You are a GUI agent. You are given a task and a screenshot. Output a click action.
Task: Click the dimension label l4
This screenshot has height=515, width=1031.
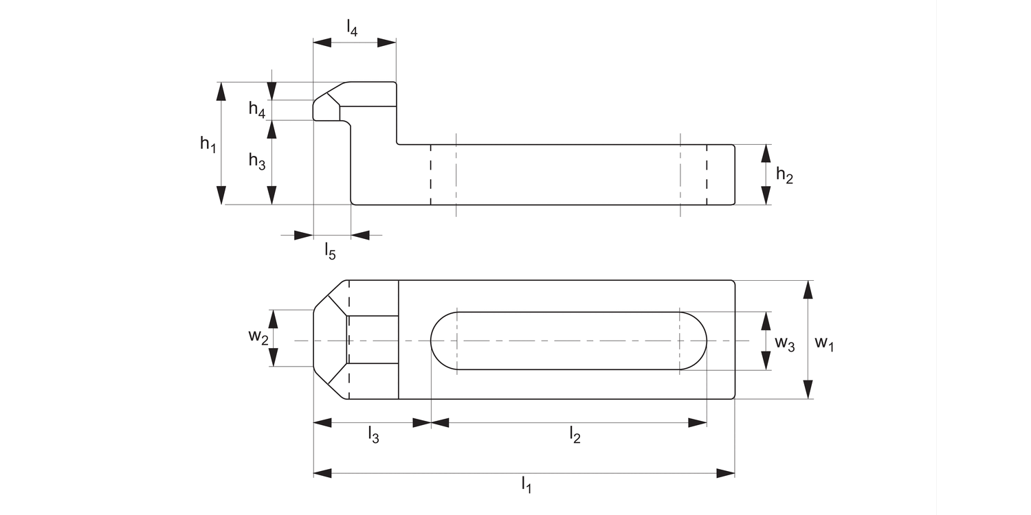click(x=352, y=28)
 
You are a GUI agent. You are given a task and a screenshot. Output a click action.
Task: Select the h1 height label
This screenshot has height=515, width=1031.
click(x=208, y=144)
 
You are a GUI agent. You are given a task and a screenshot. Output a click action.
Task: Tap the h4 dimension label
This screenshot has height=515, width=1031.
click(x=257, y=109)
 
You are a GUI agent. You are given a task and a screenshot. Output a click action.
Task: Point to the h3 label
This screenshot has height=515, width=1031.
click(x=257, y=162)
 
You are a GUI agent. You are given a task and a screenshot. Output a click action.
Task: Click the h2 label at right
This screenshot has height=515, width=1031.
click(x=784, y=175)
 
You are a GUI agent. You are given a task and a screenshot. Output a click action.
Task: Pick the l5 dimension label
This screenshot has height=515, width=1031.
click(x=331, y=252)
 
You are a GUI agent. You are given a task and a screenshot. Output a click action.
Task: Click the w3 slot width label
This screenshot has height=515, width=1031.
click(x=784, y=343)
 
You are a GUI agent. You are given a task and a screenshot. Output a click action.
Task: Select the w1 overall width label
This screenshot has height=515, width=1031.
click(x=824, y=343)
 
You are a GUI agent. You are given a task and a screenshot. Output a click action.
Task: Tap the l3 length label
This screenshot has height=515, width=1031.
click(x=373, y=435)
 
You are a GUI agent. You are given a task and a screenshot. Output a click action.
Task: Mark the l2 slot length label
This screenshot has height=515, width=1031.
click(x=575, y=435)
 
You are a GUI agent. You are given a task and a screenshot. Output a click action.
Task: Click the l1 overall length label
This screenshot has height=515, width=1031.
click(x=526, y=485)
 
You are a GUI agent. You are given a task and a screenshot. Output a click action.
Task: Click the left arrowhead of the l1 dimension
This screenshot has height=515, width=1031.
click(x=322, y=473)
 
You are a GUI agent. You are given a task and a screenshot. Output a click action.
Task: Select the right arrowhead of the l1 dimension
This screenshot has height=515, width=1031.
click(x=726, y=473)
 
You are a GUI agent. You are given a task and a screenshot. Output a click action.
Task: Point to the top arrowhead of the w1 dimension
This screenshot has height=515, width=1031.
click(x=808, y=289)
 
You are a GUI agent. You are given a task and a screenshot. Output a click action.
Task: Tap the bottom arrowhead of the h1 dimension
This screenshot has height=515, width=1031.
click(x=221, y=195)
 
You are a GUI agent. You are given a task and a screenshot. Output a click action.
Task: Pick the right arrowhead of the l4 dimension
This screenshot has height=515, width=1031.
click(x=388, y=43)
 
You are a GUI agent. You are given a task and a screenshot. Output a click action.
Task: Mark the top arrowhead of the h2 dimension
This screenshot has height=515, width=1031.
click(x=766, y=153)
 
